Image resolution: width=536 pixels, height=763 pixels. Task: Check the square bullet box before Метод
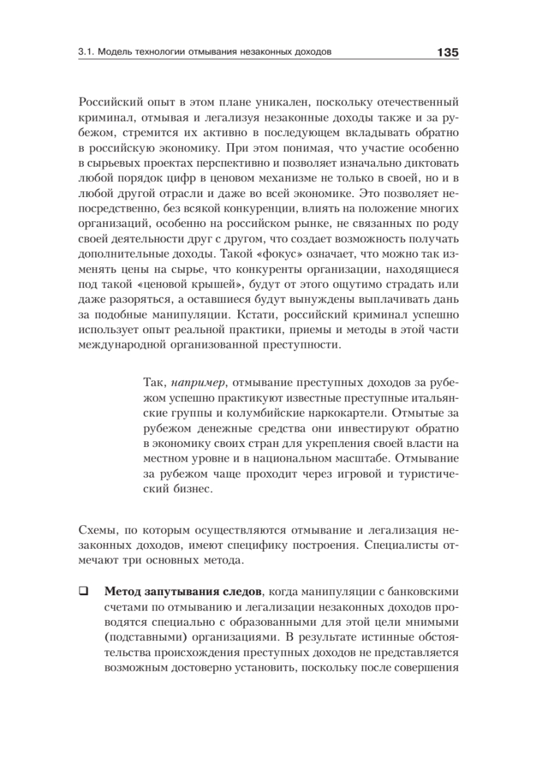pyautogui.click(x=83, y=590)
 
